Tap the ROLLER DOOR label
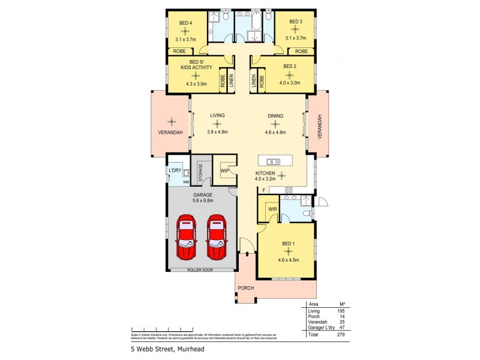point(200,270)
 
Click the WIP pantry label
point(225,171)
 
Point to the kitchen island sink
point(274,161)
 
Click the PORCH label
point(245,288)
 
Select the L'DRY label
point(175,170)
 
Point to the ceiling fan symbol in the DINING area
point(275,124)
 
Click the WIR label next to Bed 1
point(272,209)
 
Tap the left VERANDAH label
point(171,132)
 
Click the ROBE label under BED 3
point(301,52)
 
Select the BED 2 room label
point(290,66)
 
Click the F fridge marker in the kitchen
point(263,190)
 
